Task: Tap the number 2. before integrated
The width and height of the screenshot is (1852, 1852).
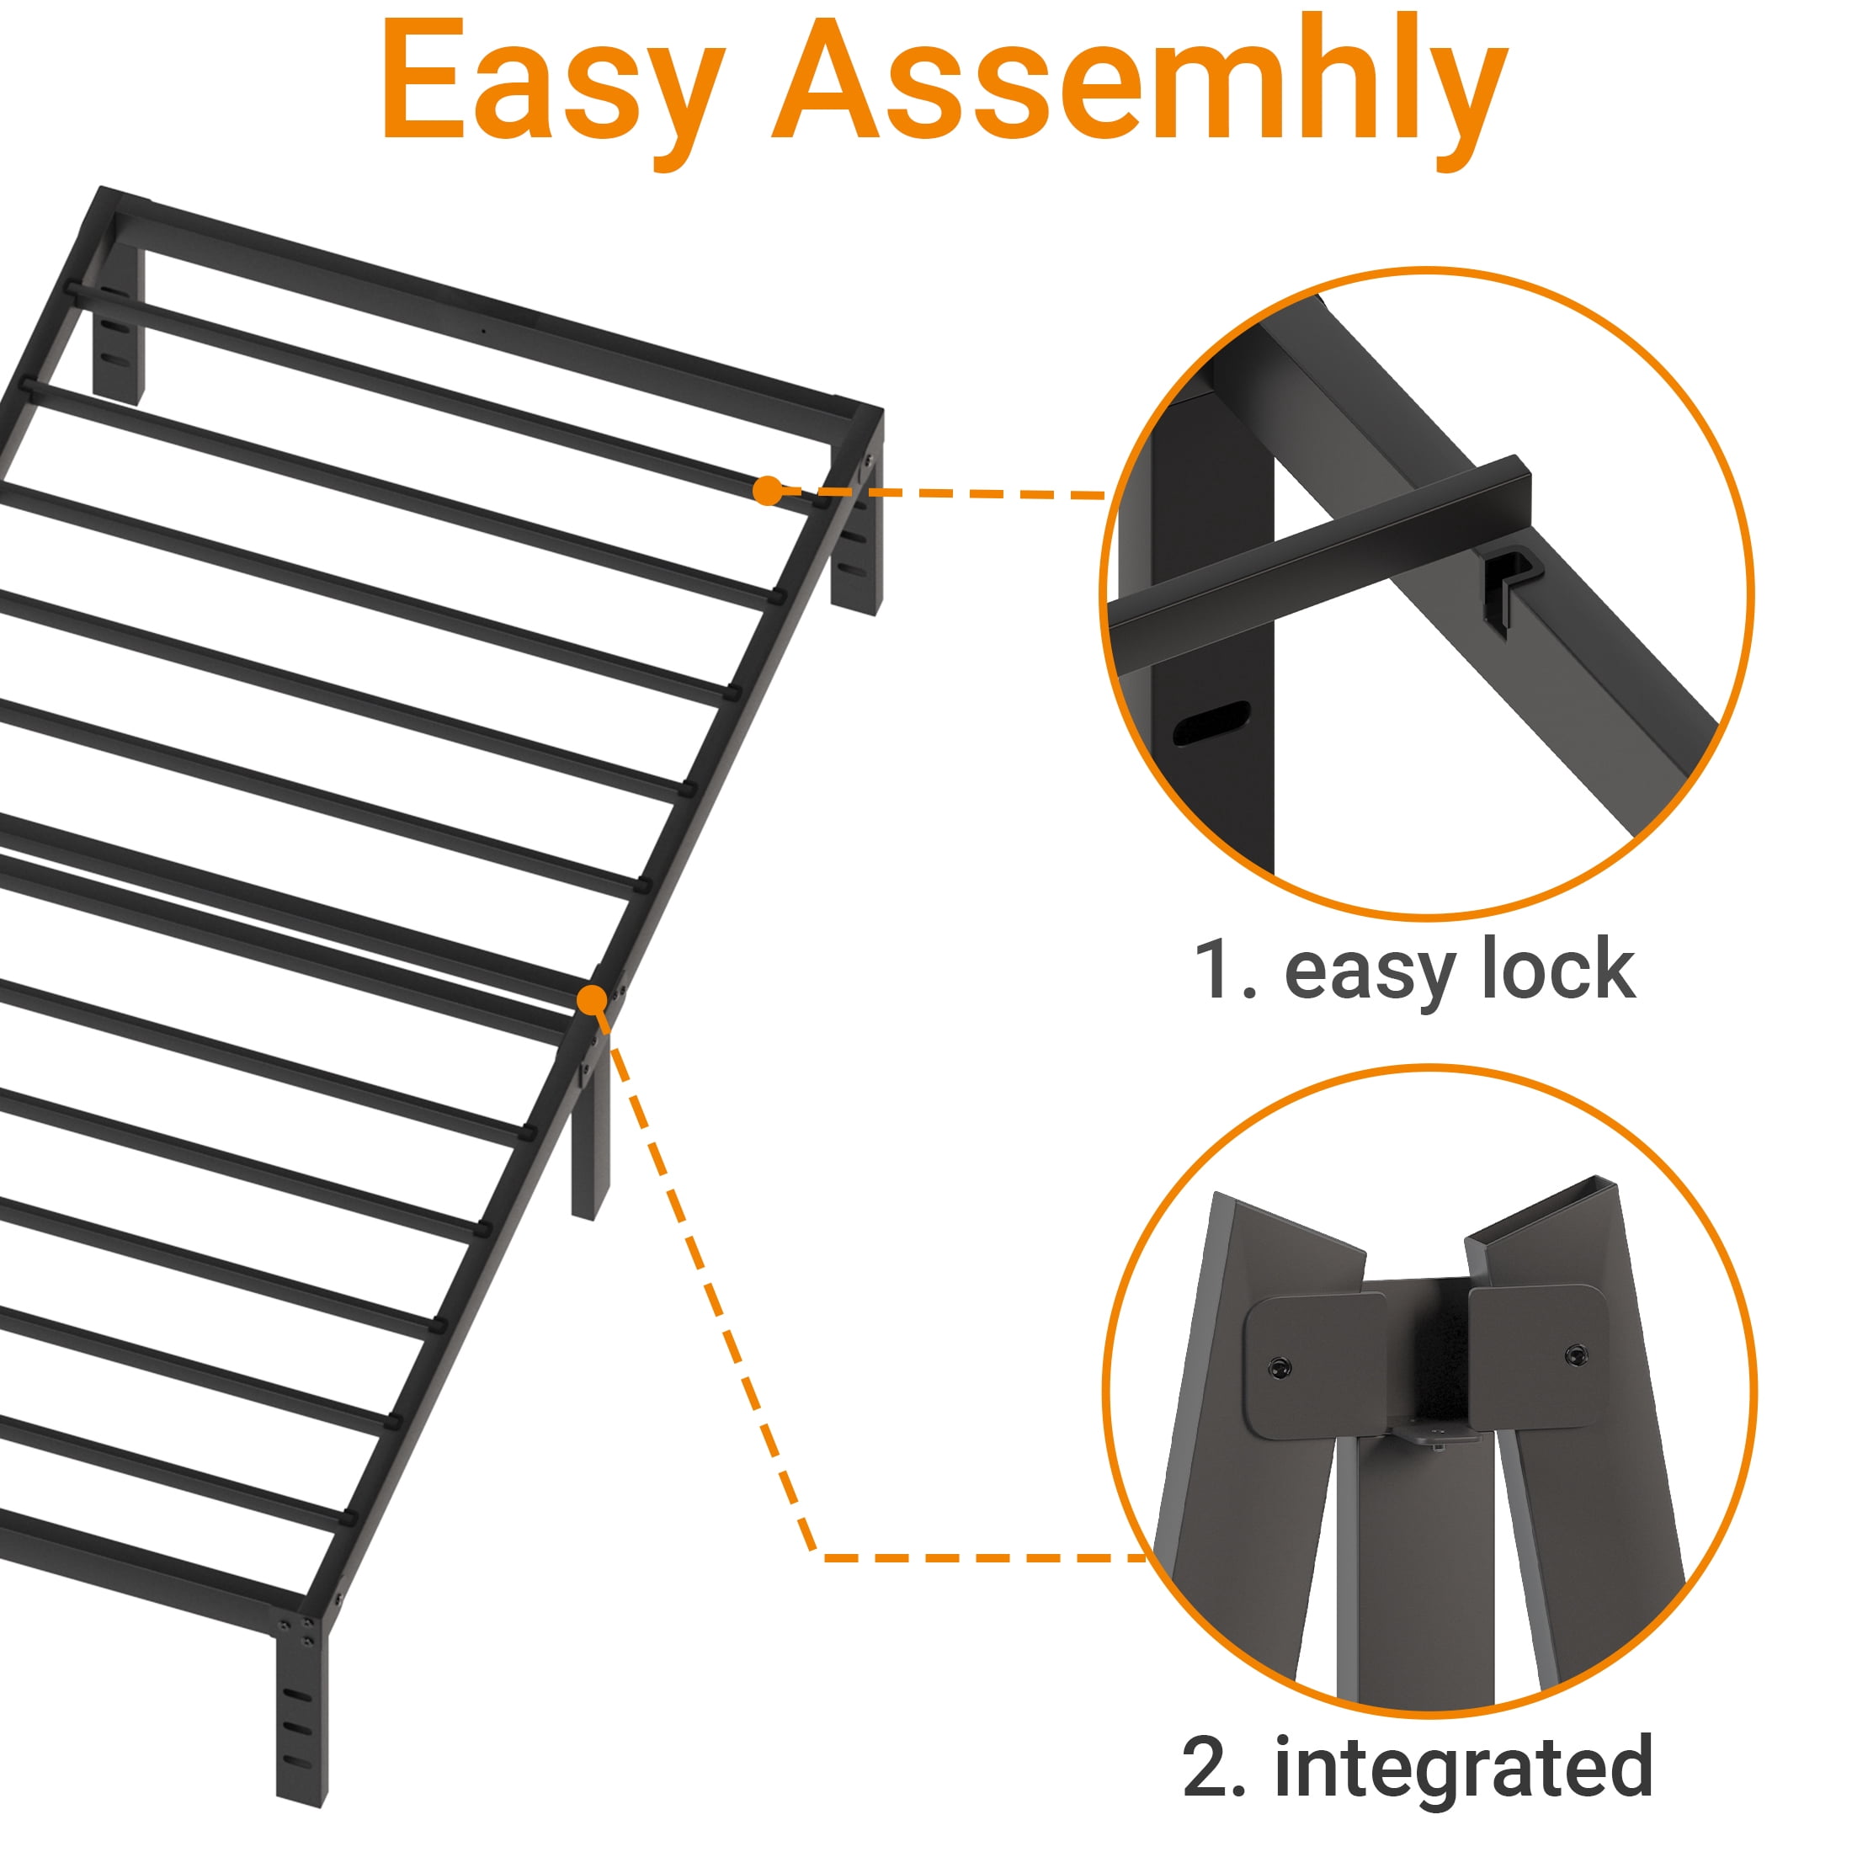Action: point(1215,1766)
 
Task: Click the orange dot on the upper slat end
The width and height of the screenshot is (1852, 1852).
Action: point(767,491)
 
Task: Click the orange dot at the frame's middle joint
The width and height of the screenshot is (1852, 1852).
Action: point(593,1000)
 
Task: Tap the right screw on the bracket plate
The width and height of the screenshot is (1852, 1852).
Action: point(1576,1355)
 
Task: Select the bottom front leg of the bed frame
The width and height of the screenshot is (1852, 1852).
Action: point(301,1716)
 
